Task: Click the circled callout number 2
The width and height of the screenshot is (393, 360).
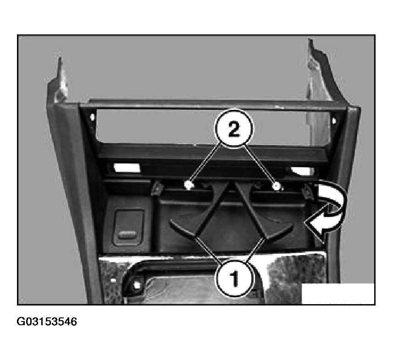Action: click(x=233, y=129)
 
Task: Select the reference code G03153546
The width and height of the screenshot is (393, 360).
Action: click(x=47, y=322)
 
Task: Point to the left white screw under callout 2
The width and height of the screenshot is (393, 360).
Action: click(x=188, y=185)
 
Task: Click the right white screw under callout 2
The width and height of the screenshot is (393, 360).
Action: click(x=277, y=186)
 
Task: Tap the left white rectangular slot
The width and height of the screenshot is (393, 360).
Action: click(x=127, y=168)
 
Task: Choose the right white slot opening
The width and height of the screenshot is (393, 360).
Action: click(x=303, y=171)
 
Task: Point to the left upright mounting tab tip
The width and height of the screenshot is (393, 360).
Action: click(x=60, y=58)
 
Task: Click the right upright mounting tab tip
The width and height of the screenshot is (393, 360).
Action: click(x=310, y=40)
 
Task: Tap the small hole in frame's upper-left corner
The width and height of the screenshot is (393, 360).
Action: click(x=92, y=117)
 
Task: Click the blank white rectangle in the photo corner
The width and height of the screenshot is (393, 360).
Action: click(x=338, y=294)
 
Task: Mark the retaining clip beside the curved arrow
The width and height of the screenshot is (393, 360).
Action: click(x=307, y=191)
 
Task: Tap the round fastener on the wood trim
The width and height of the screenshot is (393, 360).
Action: click(x=137, y=285)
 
